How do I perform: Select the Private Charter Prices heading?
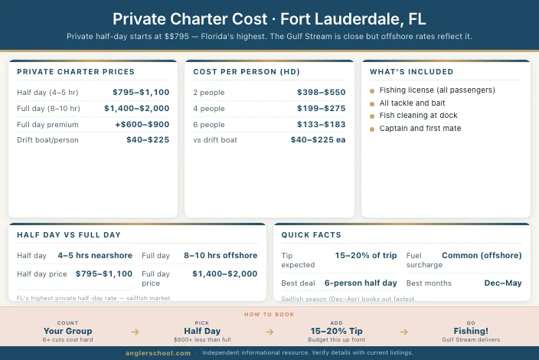(76, 71)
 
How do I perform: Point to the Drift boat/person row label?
(47, 140)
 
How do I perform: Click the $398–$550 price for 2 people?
(322, 92)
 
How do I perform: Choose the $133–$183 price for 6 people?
(322, 124)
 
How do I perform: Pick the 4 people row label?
(209, 108)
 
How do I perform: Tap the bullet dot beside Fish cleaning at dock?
(372, 116)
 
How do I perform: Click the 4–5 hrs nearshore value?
(95, 255)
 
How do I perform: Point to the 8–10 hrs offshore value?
(220, 255)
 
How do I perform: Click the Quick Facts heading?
(312, 234)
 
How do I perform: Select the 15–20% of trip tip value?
(366, 255)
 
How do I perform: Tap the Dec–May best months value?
(502, 283)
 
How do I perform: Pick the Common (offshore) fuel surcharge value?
(482, 255)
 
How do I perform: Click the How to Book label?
(269, 314)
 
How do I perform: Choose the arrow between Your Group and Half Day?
(135, 332)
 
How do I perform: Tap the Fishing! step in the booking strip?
(471, 331)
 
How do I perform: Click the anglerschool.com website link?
(158, 352)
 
